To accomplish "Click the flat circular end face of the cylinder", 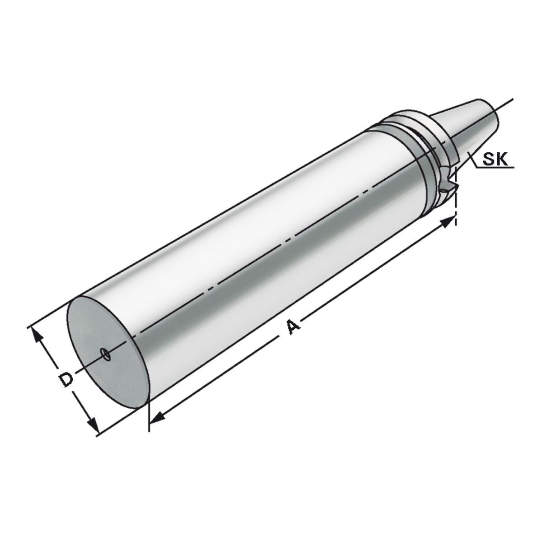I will click(108, 348).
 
